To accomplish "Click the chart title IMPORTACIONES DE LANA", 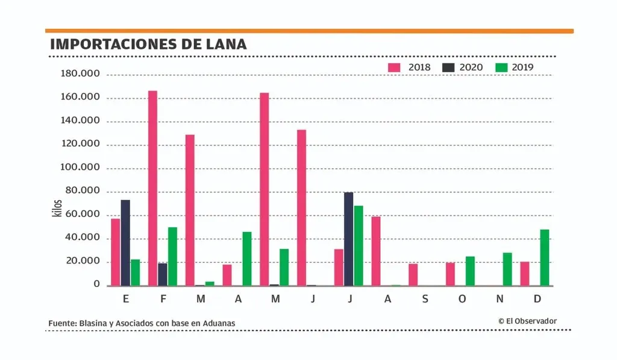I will pos(148,44).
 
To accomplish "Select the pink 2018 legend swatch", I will pos(394,68).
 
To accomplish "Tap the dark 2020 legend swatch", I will pos(448,68).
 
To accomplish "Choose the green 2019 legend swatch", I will pos(501,68).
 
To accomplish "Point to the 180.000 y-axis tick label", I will pos(80,74).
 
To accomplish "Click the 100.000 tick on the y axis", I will pos(80,168).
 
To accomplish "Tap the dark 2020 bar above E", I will pos(125,242).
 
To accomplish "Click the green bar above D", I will pos(545,257).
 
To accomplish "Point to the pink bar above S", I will pos(413,274).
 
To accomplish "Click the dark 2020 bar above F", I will pos(163,274).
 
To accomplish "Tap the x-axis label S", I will pos(425,299).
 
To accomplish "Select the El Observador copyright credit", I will pos(527,321).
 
